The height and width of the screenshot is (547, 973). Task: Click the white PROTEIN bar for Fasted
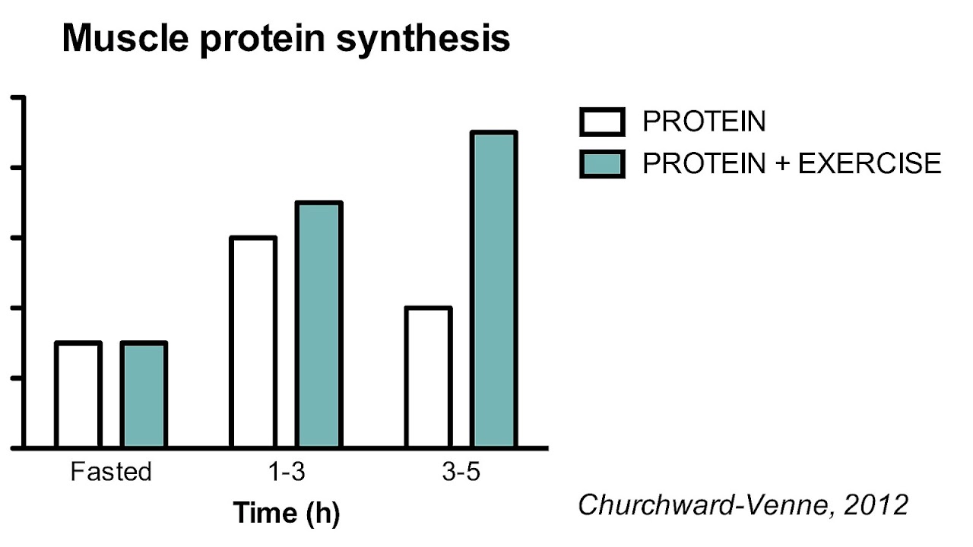pyautogui.click(x=78, y=394)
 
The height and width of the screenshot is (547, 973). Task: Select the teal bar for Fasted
pyautogui.click(x=144, y=394)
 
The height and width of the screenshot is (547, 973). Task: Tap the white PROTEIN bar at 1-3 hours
pyautogui.click(x=253, y=342)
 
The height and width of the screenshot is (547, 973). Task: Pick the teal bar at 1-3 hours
pyautogui.click(x=319, y=324)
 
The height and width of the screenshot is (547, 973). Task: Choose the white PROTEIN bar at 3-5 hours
pyautogui.click(x=429, y=377)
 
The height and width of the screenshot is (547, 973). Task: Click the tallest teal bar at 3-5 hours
pyautogui.click(x=494, y=289)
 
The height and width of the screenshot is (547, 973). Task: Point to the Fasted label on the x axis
pyautogui.click(x=111, y=472)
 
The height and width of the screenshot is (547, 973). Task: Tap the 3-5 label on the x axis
pyautogui.click(x=461, y=472)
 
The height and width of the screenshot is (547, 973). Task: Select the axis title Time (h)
pyautogui.click(x=286, y=513)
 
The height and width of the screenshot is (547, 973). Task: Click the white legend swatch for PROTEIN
pyautogui.click(x=602, y=122)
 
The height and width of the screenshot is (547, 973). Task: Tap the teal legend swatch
pyautogui.click(x=602, y=163)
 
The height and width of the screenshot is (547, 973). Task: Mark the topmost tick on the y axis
pyautogui.click(x=17, y=97)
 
